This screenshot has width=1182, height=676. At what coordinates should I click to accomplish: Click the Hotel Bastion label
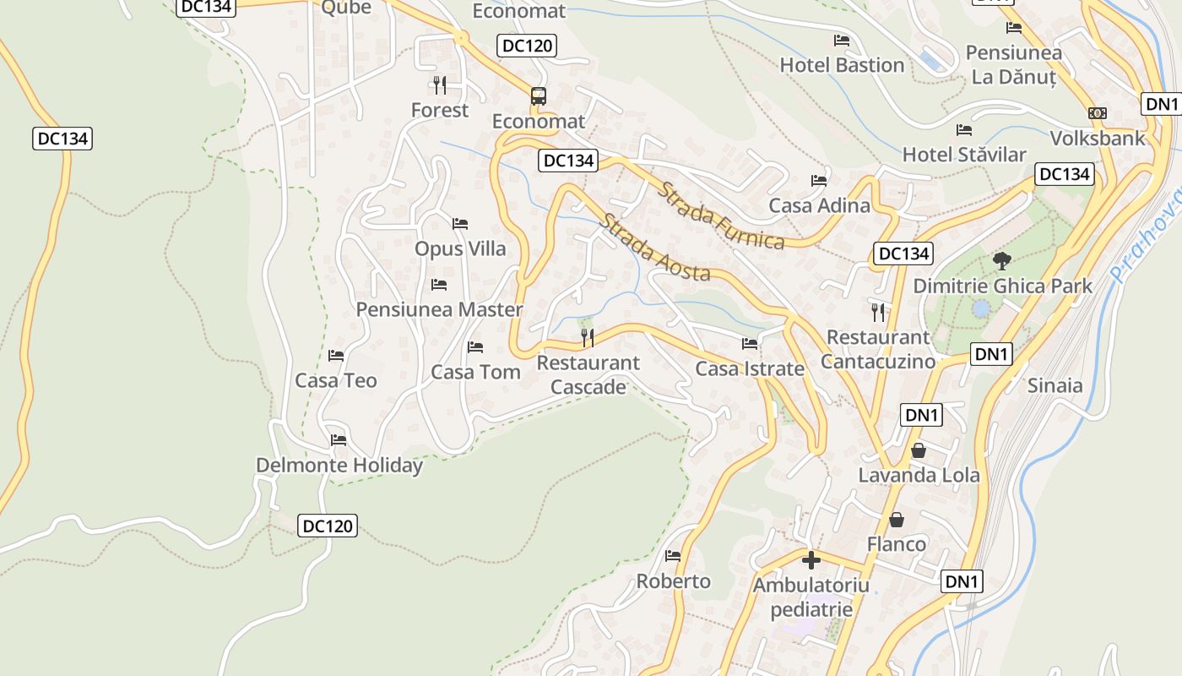[x=842, y=65]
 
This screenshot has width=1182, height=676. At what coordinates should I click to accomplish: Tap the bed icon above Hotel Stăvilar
[x=964, y=130]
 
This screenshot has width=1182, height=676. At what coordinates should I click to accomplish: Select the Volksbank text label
[x=1098, y=138]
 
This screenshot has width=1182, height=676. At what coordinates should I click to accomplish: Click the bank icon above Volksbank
[x=1098, y=113]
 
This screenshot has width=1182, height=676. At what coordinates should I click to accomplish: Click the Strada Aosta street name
[x=654, y=248]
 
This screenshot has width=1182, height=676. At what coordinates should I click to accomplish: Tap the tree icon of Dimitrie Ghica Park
[x=1002, y=260]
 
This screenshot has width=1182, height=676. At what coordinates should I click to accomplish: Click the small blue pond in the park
[x=980, y=309]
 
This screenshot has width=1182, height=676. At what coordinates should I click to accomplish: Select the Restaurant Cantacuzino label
[x=878, y=349]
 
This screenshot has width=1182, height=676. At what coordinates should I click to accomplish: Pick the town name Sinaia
[x=1055, y=385]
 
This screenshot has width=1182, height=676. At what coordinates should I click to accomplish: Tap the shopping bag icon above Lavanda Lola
[x=919, y=450]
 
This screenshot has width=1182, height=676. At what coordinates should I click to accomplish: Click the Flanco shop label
[x=897, y=543]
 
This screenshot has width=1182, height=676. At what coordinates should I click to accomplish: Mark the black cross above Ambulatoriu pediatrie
[x=811, y=560]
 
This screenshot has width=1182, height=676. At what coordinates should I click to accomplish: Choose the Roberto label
[x=673, y=581]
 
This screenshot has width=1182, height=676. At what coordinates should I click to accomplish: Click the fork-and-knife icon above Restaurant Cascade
[x=588, y=338]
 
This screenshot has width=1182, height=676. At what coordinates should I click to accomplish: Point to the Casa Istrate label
[x=750, y=368]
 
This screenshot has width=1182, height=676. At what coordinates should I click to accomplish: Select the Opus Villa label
[x=460, y=248]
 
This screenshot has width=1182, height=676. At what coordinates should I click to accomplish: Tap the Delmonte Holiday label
[x=339, y=466]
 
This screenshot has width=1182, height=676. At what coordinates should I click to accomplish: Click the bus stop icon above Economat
[x=539, y=96]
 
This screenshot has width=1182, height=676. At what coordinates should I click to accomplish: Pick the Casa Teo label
[x=336, y=380]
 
